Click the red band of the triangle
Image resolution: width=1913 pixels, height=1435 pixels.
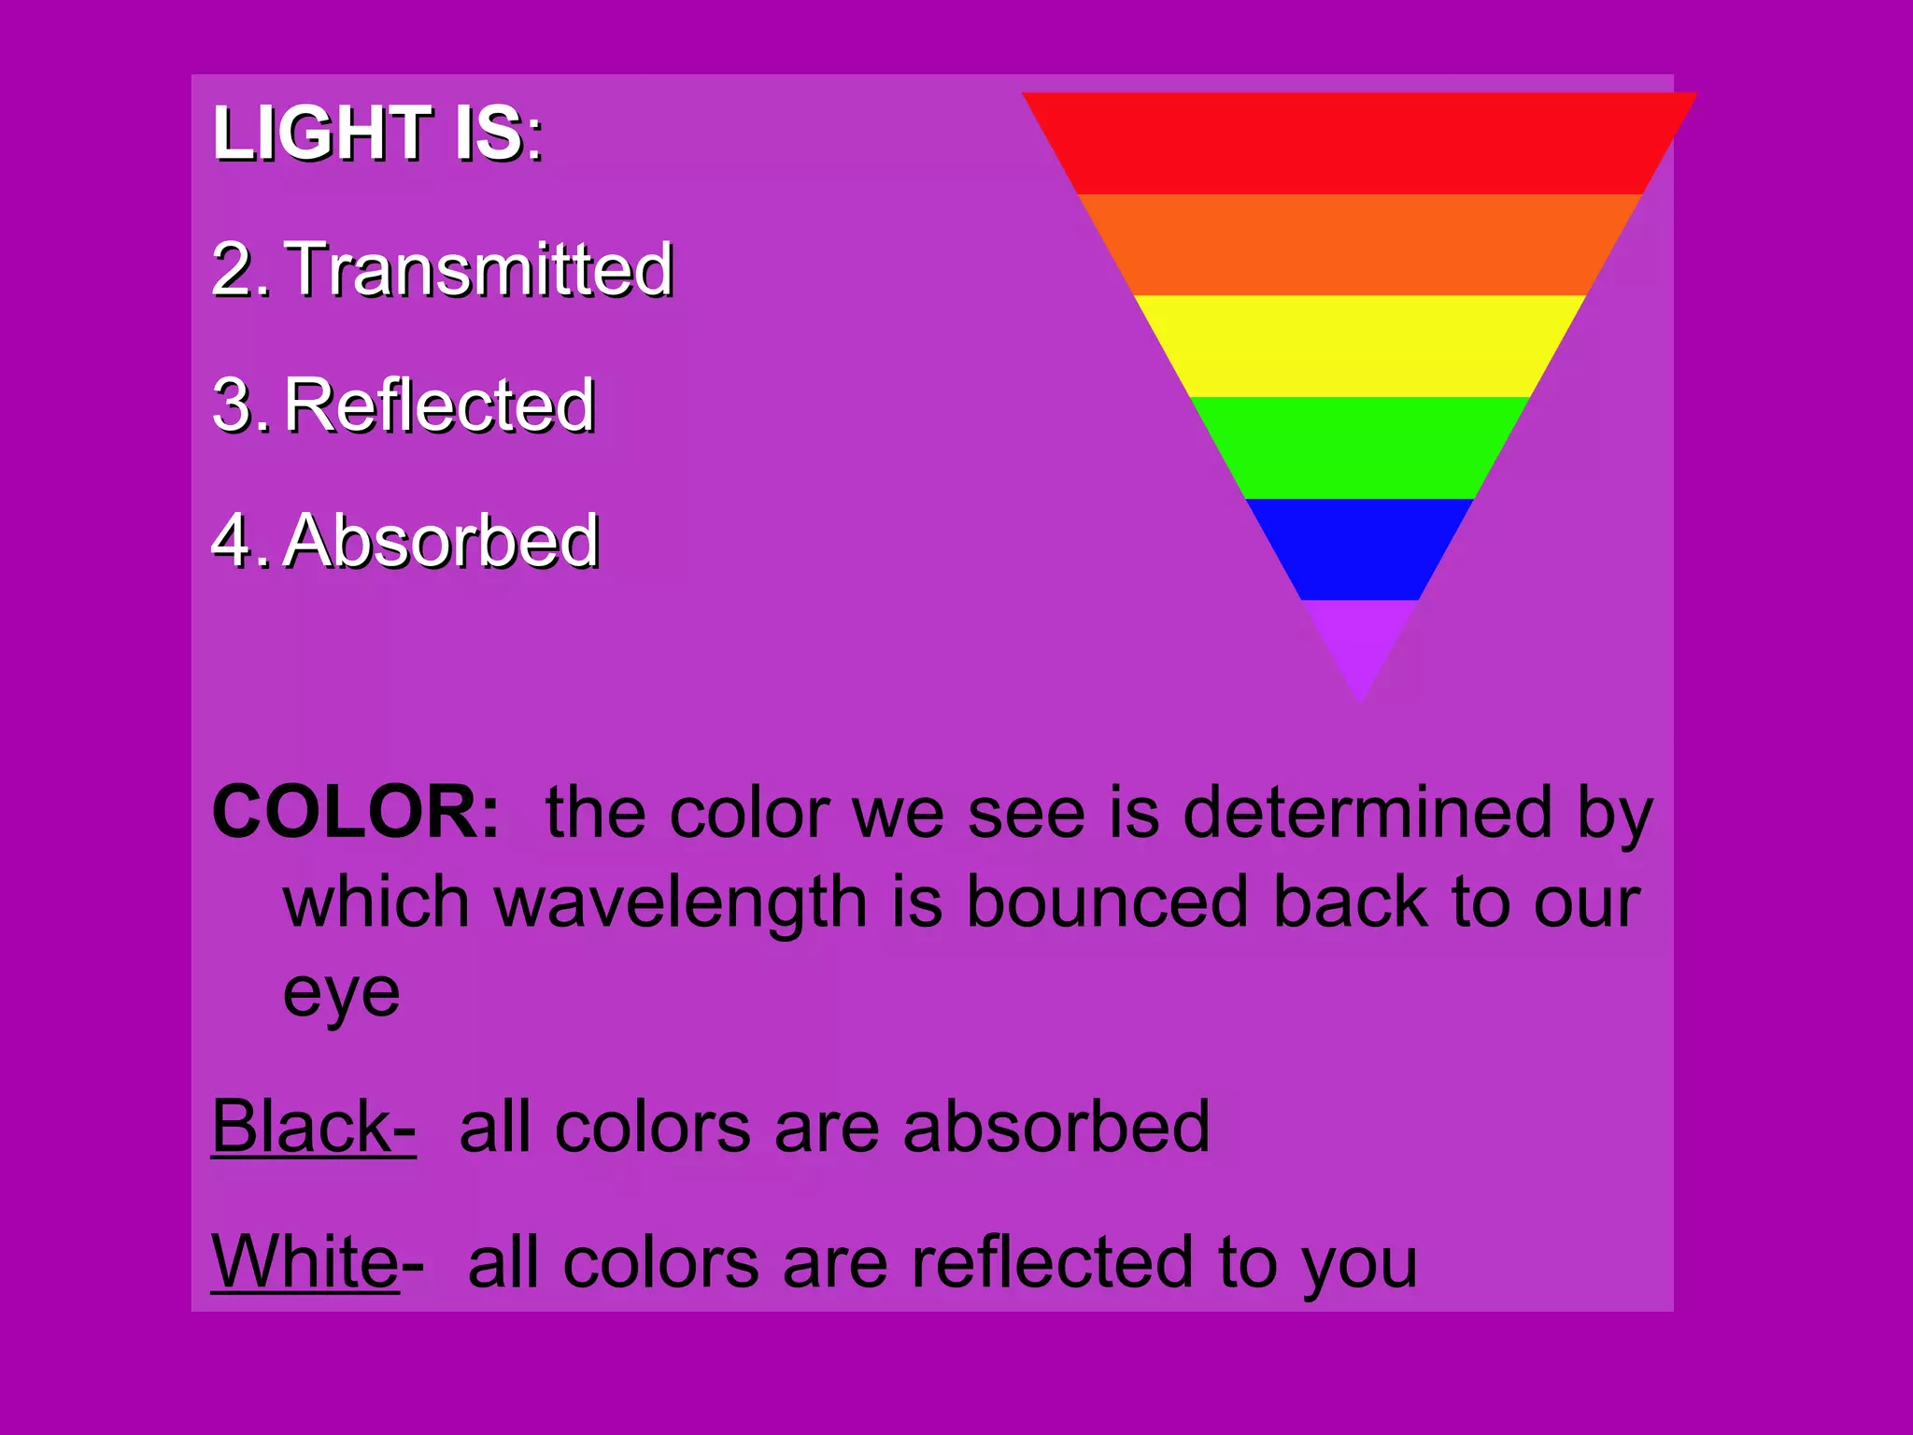[1359, 143]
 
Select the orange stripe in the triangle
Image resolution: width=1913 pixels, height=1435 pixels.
[1359, 245]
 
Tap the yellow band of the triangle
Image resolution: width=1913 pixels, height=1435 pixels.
[1359, 346]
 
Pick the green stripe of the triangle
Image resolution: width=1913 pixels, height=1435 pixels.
[1359, 448]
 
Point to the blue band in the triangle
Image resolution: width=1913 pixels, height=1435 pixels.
[1359, 549]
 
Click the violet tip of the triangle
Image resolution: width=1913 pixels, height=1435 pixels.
[1360, 640]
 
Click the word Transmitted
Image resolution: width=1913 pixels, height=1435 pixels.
[477, 269]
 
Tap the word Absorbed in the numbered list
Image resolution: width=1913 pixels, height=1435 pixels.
[441, 541]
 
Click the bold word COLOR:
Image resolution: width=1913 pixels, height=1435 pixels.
[355, 812]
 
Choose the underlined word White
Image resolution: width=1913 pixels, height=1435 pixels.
[305, 1261]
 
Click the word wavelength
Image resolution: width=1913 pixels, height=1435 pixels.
[681, 903]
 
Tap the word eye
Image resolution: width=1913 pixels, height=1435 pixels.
[341, 994]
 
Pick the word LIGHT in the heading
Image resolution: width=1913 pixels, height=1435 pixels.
[322, 134]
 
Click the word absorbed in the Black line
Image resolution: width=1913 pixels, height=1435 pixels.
[1056, 1127]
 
